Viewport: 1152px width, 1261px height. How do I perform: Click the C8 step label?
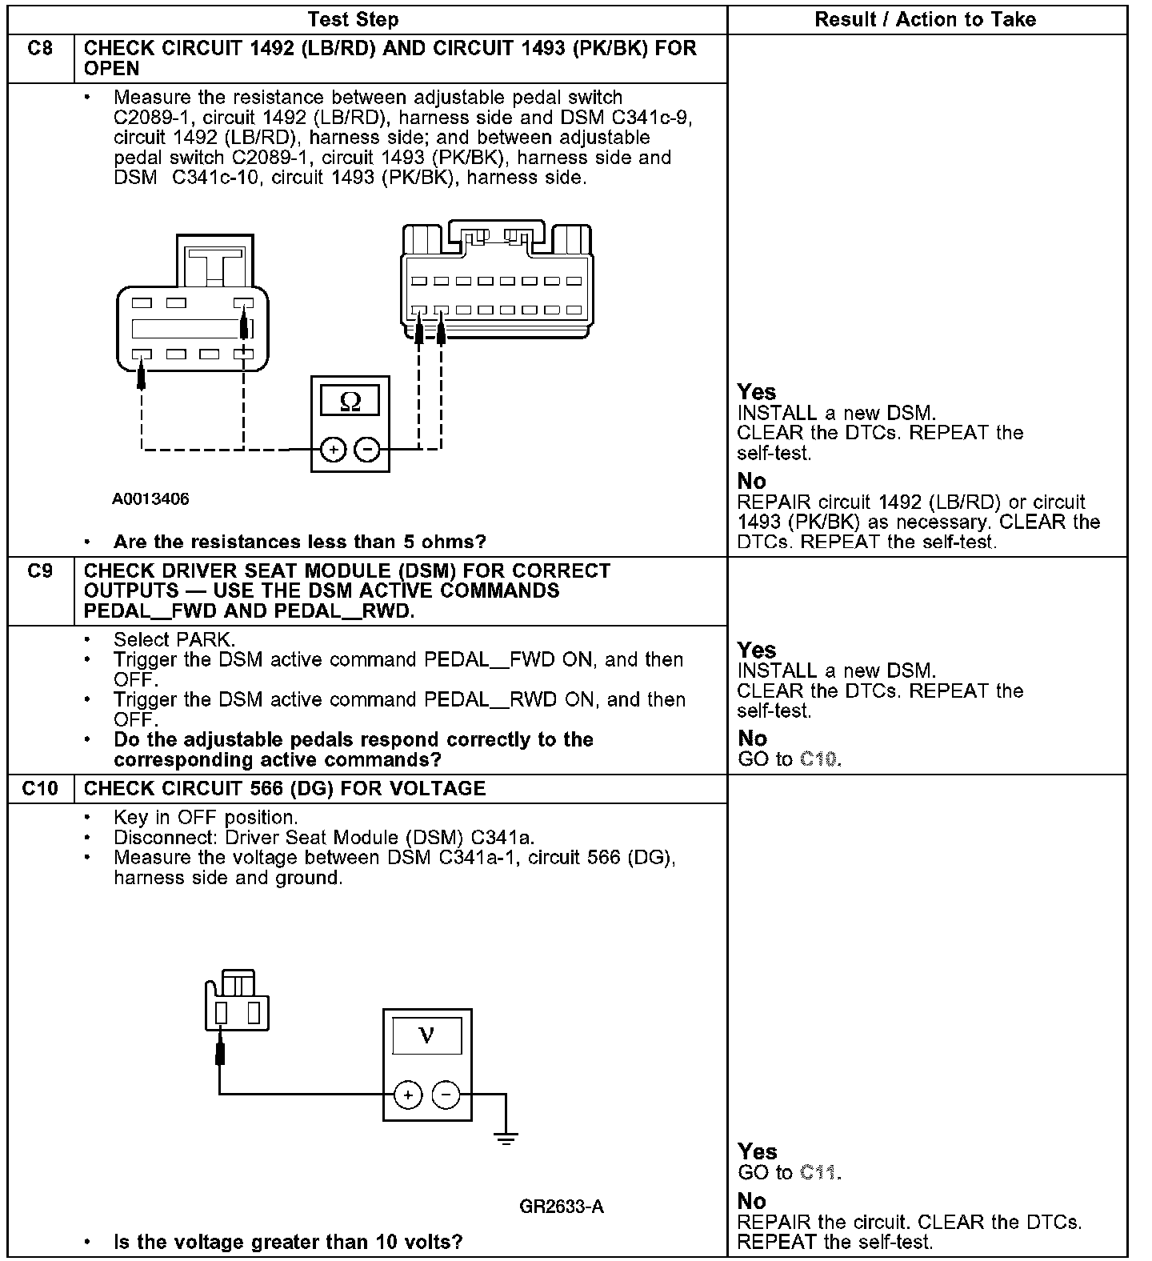click(40, 49)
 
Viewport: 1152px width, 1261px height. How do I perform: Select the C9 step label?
click(40, 571)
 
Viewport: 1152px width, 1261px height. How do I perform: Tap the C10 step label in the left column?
click(40, 789)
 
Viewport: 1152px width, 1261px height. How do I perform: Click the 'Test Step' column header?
click(353, 19)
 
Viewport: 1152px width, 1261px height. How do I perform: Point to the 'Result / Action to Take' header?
click(926, 19)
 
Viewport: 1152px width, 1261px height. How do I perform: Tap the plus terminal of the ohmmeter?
click(333, 450)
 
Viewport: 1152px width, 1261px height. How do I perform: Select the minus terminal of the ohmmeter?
click(367, 450)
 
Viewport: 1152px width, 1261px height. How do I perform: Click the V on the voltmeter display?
click(426, 1036)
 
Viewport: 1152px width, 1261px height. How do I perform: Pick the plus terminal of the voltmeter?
click(408, 1095)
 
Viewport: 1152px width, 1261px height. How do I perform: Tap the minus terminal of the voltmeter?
click(446, 1095)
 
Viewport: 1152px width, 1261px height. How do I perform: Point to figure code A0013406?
click(150, 499)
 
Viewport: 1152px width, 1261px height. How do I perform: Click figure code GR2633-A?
click(562, 1206)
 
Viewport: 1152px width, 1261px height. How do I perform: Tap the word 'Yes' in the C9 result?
click(757, 650)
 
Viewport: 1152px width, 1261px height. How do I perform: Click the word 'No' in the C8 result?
click(752, 481)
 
